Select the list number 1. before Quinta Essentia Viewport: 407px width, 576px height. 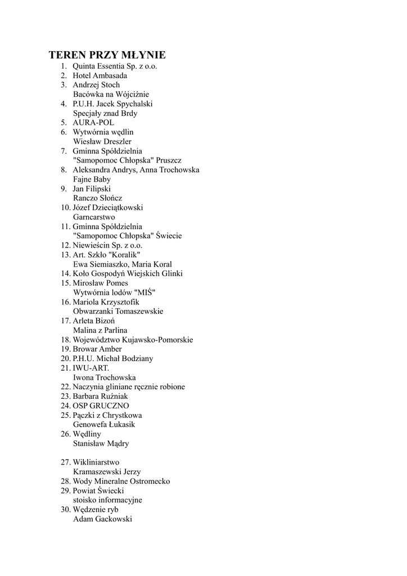pos(64,66)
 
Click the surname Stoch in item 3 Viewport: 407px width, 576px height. pos(110,85)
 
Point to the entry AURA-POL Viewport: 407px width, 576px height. pos(93,123)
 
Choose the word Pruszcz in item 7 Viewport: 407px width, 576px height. pos(169,160)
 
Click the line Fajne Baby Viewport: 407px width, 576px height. pos(92,179)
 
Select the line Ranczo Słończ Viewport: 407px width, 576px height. pos(98,198)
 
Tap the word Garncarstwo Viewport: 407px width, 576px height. pos(94,217)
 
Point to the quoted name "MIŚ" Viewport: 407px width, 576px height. pos(145,292)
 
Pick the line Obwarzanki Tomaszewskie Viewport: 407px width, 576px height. pos(118,311)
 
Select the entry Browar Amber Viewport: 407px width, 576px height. pos(97,349)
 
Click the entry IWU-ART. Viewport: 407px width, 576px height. pos(91,368)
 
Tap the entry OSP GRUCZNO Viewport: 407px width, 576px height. pos(101,406)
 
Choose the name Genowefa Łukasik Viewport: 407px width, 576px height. pos(104,425)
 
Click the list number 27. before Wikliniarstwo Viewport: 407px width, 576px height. pos(65,462)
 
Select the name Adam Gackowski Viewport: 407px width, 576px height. pos(102,519)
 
